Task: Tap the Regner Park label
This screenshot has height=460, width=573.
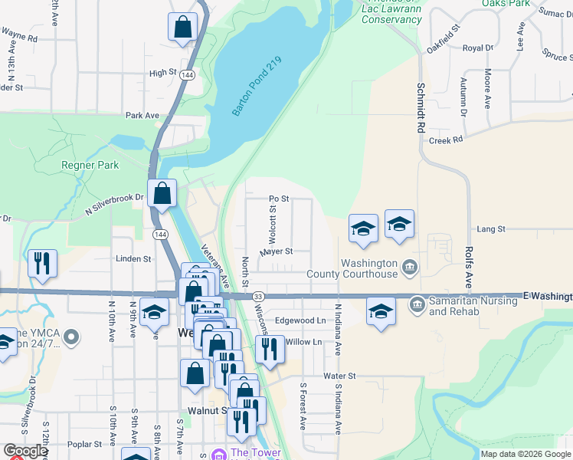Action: click(90, 165)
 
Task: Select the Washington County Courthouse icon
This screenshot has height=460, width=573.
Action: click(410, 267)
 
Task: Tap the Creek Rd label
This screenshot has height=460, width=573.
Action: click(446, 140)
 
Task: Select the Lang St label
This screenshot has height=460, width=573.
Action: click(491, 229)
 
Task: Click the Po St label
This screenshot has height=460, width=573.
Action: click(278, 199)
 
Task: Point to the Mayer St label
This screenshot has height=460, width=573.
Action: click(276, 251)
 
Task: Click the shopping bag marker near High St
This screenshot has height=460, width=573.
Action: click(183, 28)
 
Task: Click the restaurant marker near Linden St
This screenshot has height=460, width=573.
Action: click(42, 263)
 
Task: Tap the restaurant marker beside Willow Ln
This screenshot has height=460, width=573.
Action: click(269, 349)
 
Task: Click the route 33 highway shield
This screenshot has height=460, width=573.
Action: click(258, 296)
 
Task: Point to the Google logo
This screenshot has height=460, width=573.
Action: click(25, 451)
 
